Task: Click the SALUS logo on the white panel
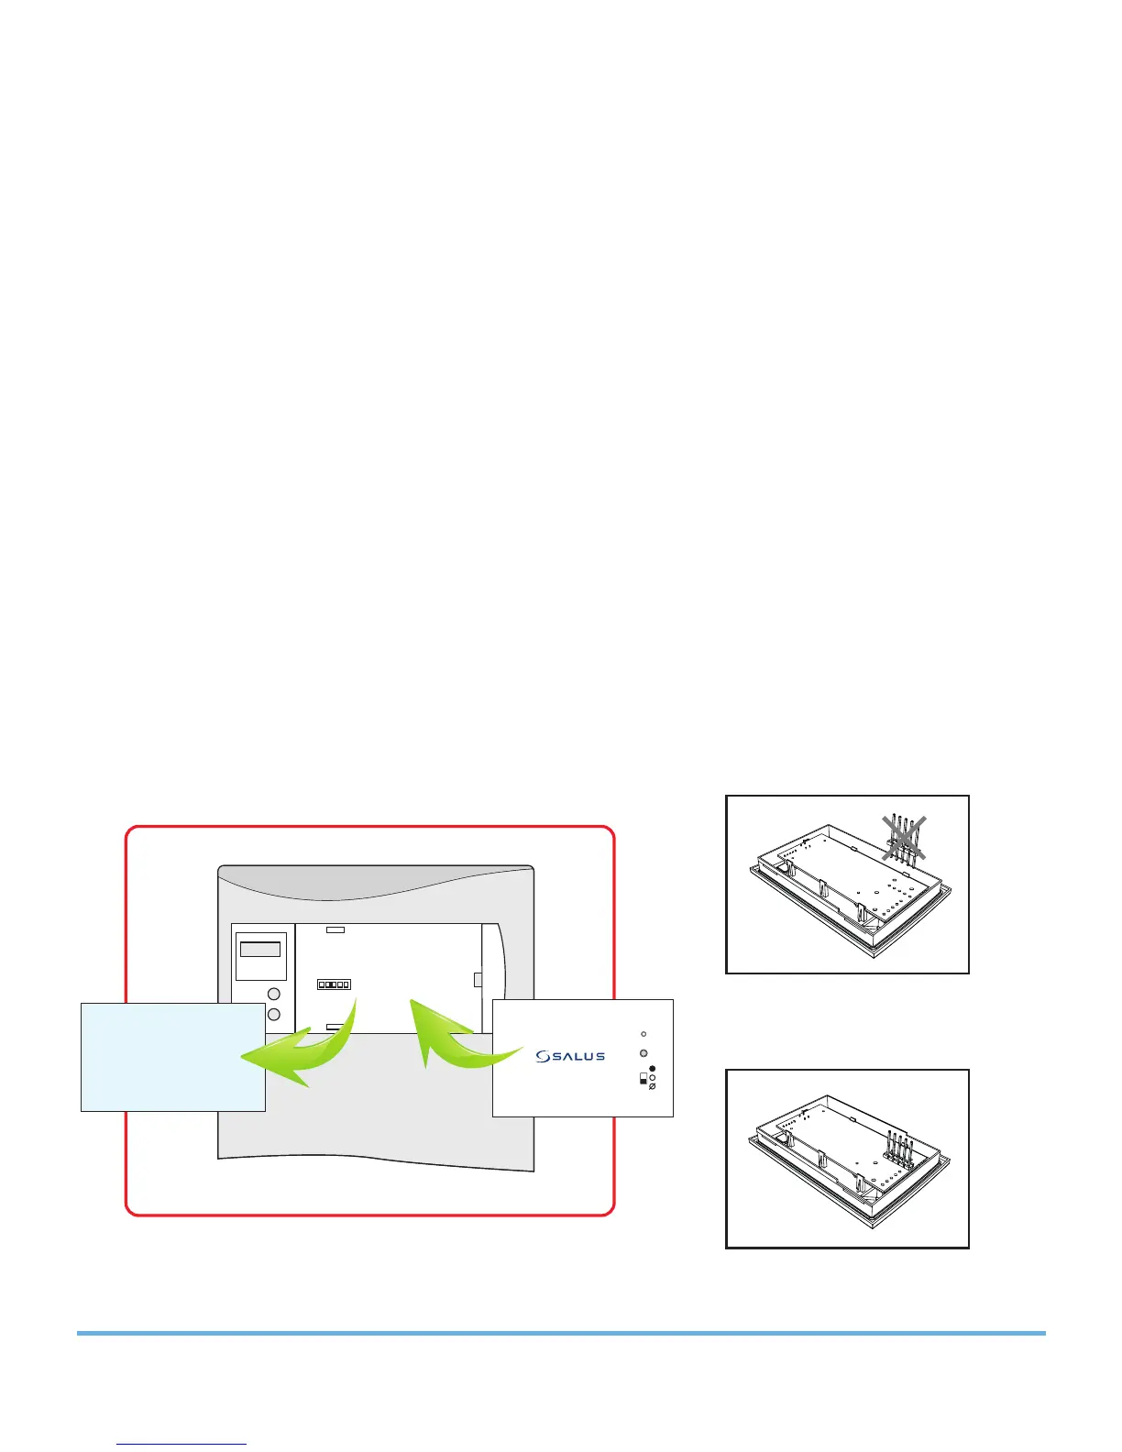tap(570, 1056)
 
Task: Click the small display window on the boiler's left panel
tap(260, 950)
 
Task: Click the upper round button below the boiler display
tap(273, 995)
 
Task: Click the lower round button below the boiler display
tap(273, 1015)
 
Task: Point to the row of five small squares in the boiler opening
tap(334, 984)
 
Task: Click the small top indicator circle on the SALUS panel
tap(643, 1033)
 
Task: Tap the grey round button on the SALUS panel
tap(643, 1053)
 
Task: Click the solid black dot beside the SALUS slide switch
tap(653, 1069)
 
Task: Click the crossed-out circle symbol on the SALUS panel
tap(653, 1087)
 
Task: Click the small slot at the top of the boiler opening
tap(335, 929)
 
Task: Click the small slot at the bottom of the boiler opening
tap(335, 1028)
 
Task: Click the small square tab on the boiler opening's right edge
tap(478, 980)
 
